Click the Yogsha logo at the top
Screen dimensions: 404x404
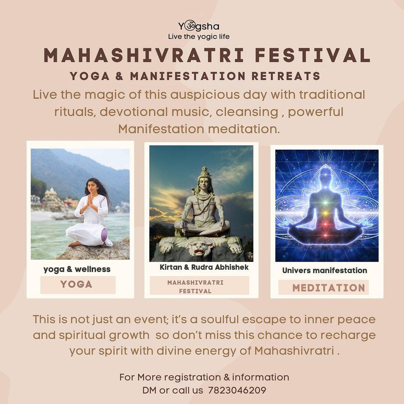click(198, 26)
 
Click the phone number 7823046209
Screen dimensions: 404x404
click(237, 390)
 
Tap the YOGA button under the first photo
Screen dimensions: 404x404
click(77, 285)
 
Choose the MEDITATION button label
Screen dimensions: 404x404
click(328, 288)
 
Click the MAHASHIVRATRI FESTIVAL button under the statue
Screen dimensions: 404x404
click(195, 286)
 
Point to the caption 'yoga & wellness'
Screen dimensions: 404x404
click(77, 269)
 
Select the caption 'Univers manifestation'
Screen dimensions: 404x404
click(325, 271)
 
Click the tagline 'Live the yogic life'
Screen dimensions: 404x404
click(198, 36)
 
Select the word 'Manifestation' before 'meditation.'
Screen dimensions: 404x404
click(161, 130)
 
